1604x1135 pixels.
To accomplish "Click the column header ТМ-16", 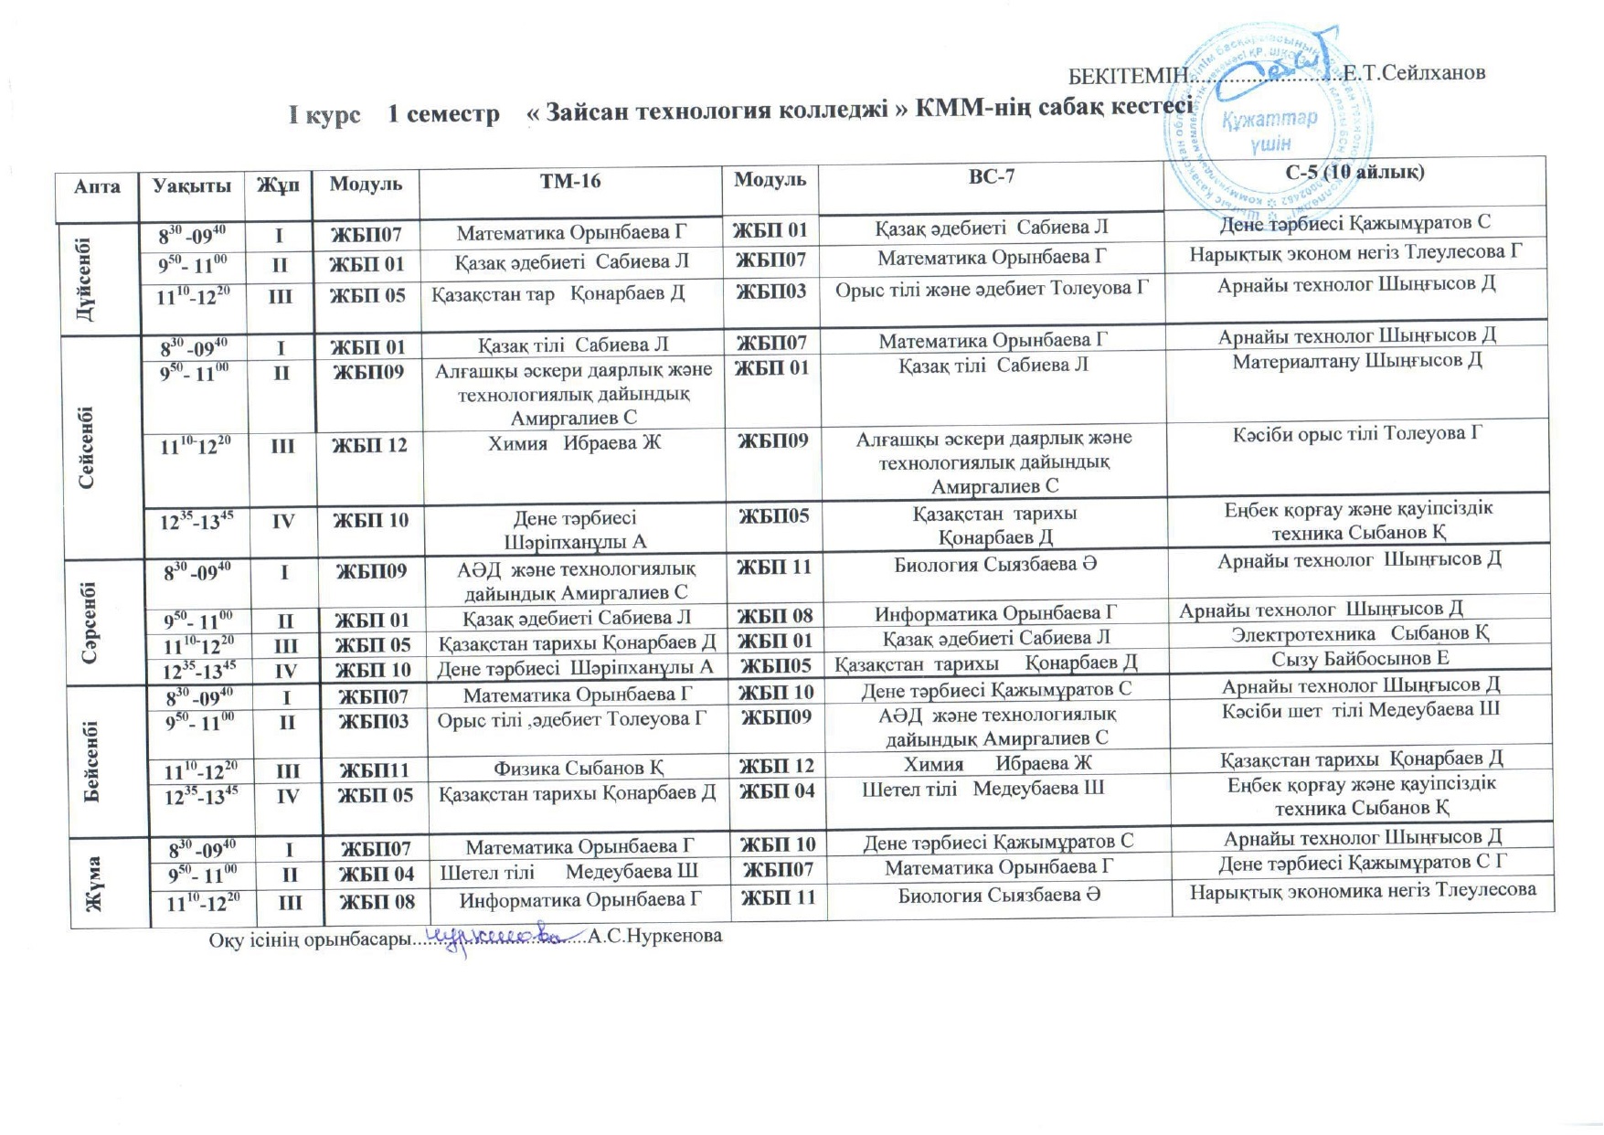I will pyautogui.click(x=570, y=181).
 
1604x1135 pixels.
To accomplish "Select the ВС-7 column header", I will pyautogui.click(x=991, y=177).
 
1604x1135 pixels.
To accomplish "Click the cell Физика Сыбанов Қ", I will pyautogui.click(x=578, y=767).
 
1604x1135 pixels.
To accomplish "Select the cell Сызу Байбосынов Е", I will pyautogui.click(x=1360, y=658).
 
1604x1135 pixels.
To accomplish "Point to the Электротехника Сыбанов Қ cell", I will pyautogui.click(x=1360, y=633).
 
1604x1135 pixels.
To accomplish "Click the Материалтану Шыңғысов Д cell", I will pyautogui.click(x=1356, y=361).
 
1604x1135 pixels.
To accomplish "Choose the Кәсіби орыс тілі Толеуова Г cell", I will pyautogui.click(x=1356, y=433).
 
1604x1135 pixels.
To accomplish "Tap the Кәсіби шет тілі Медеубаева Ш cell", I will pyautogui.click(x=1360, y=710).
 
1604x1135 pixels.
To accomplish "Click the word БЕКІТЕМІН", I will pyautogui.click(x=1128, y=74).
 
